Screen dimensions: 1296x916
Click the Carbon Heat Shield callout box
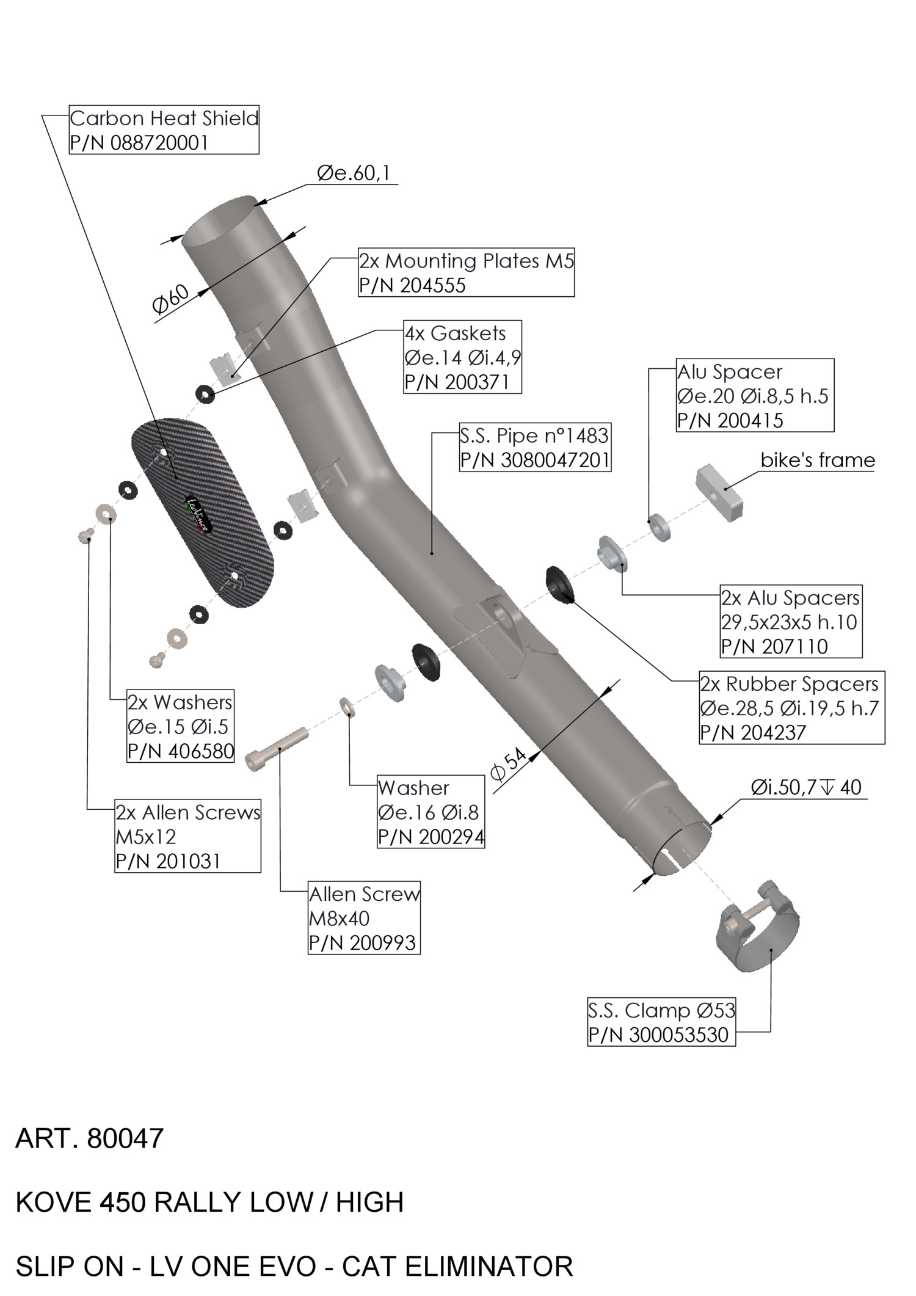pos(164,129)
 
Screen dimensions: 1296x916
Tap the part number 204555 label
pos(412,285)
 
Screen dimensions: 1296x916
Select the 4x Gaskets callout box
pos(462,357)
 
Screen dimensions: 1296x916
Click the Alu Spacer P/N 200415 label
pos(754,395)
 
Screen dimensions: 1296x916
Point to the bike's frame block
pos(719,493)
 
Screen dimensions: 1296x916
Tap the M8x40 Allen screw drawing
pos(277,749)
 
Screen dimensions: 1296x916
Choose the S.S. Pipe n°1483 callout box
pos(534,448)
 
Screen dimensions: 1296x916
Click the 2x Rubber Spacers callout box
pos(791,708)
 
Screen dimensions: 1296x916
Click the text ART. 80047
pos(90,1138)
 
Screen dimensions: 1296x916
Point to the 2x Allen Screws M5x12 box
pos(187,836)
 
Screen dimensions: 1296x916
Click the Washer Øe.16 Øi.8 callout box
pos(431,812)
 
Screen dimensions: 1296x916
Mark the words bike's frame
pos(818,460)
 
